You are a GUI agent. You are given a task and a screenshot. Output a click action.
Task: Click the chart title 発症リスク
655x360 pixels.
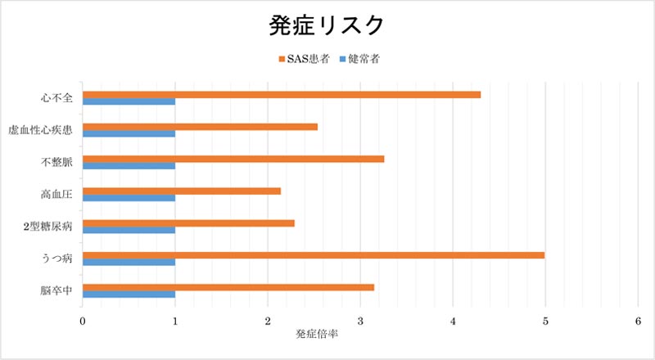327,25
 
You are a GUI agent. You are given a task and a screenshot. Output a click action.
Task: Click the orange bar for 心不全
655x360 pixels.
282,94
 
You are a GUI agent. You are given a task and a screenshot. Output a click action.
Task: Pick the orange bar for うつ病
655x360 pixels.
314,254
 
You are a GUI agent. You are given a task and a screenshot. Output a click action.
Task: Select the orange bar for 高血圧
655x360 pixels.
182,191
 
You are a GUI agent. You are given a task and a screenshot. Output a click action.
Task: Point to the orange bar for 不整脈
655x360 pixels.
233,159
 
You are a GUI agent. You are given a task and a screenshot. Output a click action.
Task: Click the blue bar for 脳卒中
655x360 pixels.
129,295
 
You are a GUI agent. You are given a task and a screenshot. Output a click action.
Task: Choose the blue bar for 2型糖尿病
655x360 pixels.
129,230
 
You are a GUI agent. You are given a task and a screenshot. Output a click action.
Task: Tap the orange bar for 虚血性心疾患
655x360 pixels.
200,127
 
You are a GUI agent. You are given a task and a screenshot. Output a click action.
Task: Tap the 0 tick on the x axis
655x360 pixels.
83,322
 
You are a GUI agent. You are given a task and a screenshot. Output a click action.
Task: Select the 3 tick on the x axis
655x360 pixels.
360,322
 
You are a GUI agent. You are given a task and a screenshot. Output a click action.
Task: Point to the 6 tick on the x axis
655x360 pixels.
638,322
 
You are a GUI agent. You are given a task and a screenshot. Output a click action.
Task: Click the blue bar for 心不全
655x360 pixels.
129,101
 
